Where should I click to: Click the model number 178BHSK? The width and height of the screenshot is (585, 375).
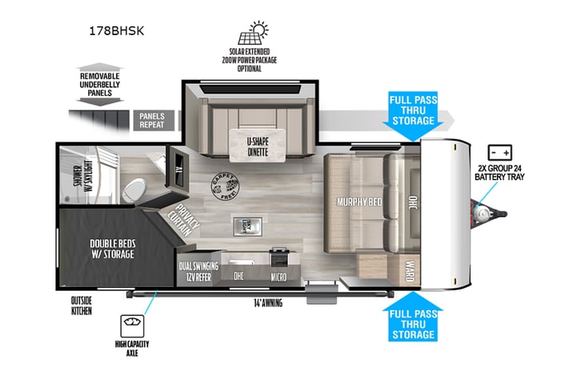coord(122,31)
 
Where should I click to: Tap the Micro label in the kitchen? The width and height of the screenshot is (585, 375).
coord(280,277)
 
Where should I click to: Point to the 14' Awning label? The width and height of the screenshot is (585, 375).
coord(266,303)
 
